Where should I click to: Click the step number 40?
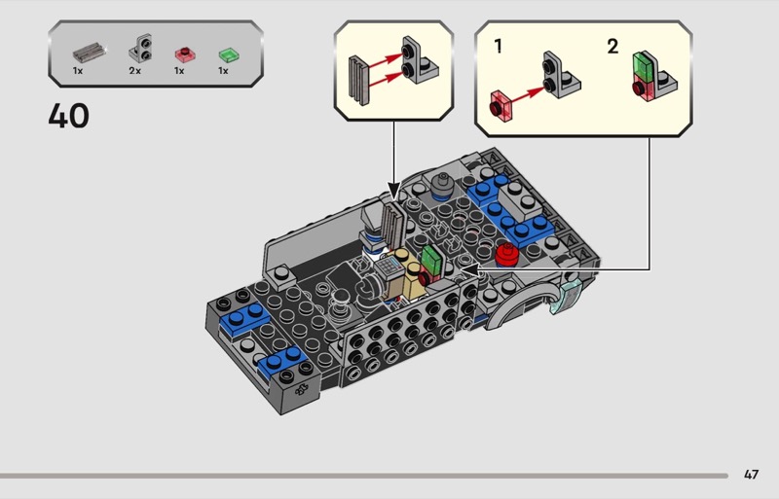coord(68,116)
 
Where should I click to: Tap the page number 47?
coord(751,475)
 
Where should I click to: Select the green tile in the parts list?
coord(229,54)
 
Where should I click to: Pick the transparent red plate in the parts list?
coord(185,54)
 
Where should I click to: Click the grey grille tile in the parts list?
coord(90,52)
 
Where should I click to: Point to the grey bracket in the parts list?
coord(141,48)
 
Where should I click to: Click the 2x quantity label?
coord(134,71)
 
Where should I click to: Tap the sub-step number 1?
coord(498,47)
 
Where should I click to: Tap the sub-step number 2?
coord(612,47)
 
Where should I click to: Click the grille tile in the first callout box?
coord(358,81)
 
